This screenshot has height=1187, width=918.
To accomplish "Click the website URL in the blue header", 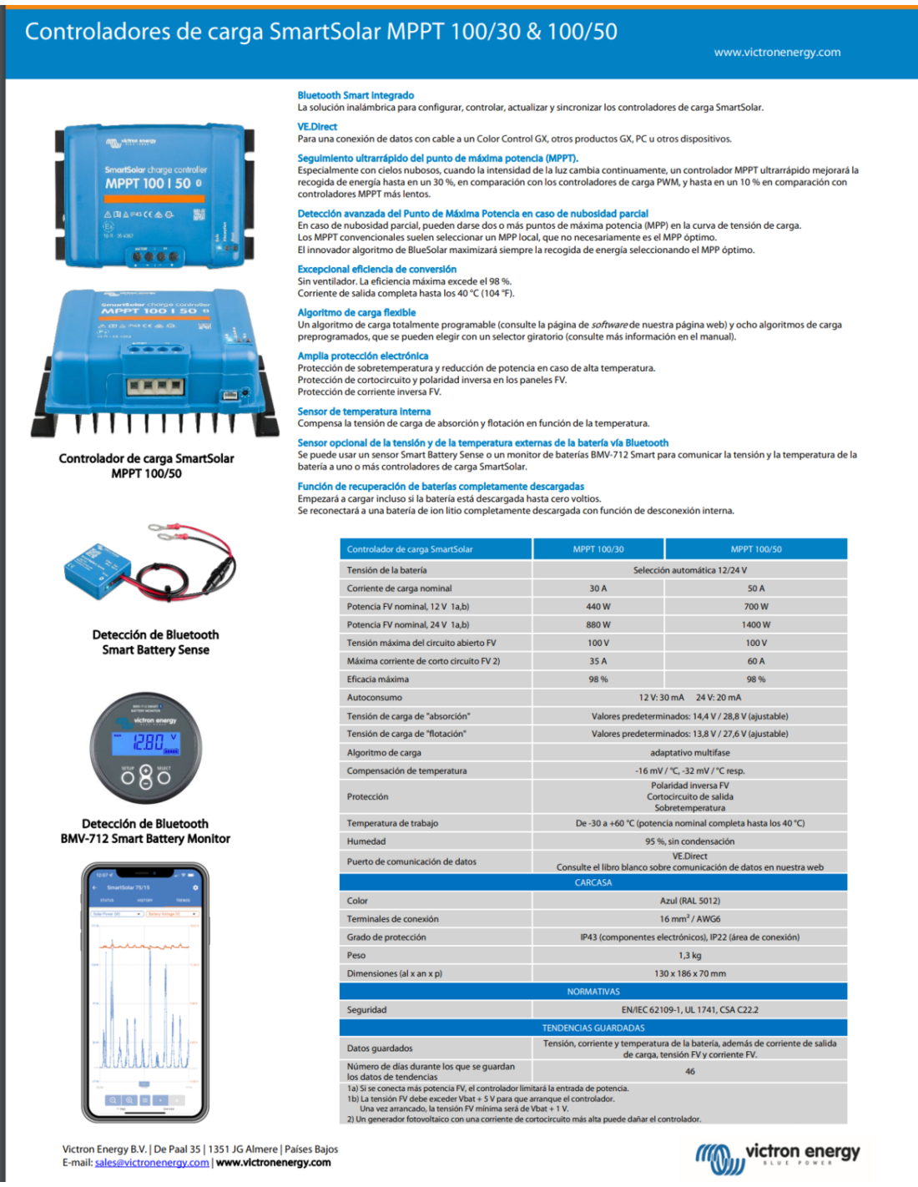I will coord(777,52).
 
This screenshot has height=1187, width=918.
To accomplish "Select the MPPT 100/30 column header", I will coord(598,549).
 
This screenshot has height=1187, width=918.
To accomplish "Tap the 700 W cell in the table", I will coord(755,607).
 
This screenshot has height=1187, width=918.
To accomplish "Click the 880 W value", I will coord(598,624).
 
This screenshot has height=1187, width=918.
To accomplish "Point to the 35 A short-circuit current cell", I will coord(598,661).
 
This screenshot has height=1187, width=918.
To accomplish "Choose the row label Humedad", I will coord(366,841).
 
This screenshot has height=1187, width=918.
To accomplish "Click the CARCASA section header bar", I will coord(593,882).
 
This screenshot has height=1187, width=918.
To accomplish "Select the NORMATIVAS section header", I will coord(593,992).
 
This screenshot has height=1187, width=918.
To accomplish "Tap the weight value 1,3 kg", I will coord(689,955).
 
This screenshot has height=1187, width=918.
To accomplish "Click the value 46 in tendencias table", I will coord(689,1071).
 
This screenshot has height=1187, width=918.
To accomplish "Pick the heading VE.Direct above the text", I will coord(317,127).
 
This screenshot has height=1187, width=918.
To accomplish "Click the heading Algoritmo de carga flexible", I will coord(356,312).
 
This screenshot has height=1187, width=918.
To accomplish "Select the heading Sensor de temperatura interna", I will coord(364,412).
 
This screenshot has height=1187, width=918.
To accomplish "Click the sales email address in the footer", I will coord(152,1162).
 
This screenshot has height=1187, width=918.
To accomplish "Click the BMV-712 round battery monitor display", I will coord(145,748).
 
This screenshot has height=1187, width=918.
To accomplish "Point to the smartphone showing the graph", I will coord(145,993).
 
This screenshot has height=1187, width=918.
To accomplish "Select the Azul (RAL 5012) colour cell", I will coord(689,901).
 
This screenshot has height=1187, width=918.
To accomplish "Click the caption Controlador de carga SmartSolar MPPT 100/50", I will coord(146,466).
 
